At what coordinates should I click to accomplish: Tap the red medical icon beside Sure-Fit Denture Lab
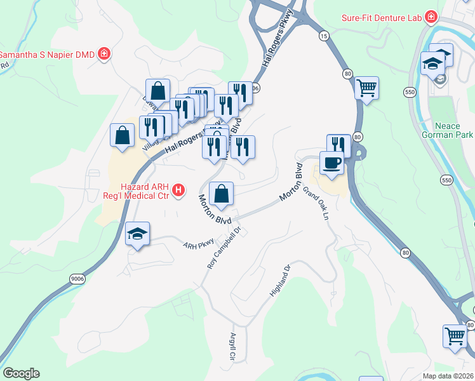coord(431,17)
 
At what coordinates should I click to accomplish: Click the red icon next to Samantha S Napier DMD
coord(103,55)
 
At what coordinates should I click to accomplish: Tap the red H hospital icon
coord(179,190)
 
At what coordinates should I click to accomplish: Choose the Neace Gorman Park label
coord(447,130)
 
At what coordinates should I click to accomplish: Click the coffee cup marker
coord(332,164)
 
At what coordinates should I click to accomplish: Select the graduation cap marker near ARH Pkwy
coord(137,234)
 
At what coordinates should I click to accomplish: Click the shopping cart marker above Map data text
coord(455,336)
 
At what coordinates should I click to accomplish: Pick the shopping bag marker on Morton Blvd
coord(221,194)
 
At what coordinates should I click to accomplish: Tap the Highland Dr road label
coord(279,281)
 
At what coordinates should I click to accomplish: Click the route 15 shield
coord(324,37)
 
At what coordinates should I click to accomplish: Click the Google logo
coord(21,373)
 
